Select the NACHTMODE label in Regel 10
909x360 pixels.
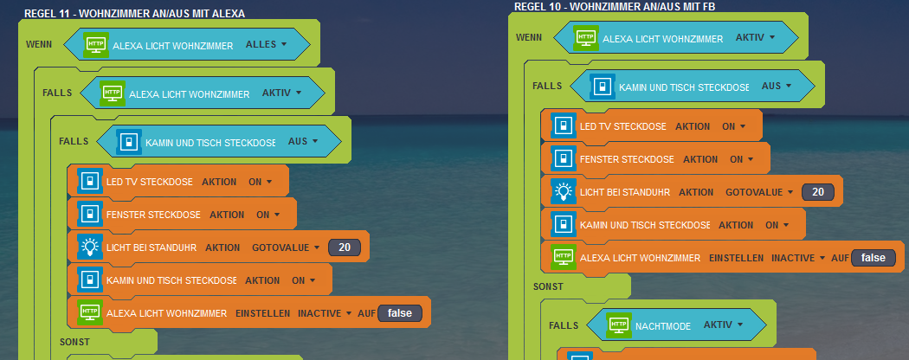coord(663,325)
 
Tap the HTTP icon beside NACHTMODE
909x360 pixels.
coord(618,325)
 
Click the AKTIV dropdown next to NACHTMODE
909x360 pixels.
coord(724,325)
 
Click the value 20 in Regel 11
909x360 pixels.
coord(344,247)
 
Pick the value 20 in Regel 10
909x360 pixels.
coord(818,191)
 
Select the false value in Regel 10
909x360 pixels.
coord(873,257)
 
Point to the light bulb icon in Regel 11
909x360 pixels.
coord(90,247)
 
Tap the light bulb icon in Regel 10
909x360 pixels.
coord(564,191)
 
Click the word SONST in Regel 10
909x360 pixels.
coord(548,285)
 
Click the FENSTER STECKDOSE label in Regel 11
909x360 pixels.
coord(153,215)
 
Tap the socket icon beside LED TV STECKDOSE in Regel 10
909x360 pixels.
coord(564,126)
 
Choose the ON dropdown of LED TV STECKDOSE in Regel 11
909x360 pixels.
coord(260,182)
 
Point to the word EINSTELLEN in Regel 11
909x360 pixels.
coord(262,313)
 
